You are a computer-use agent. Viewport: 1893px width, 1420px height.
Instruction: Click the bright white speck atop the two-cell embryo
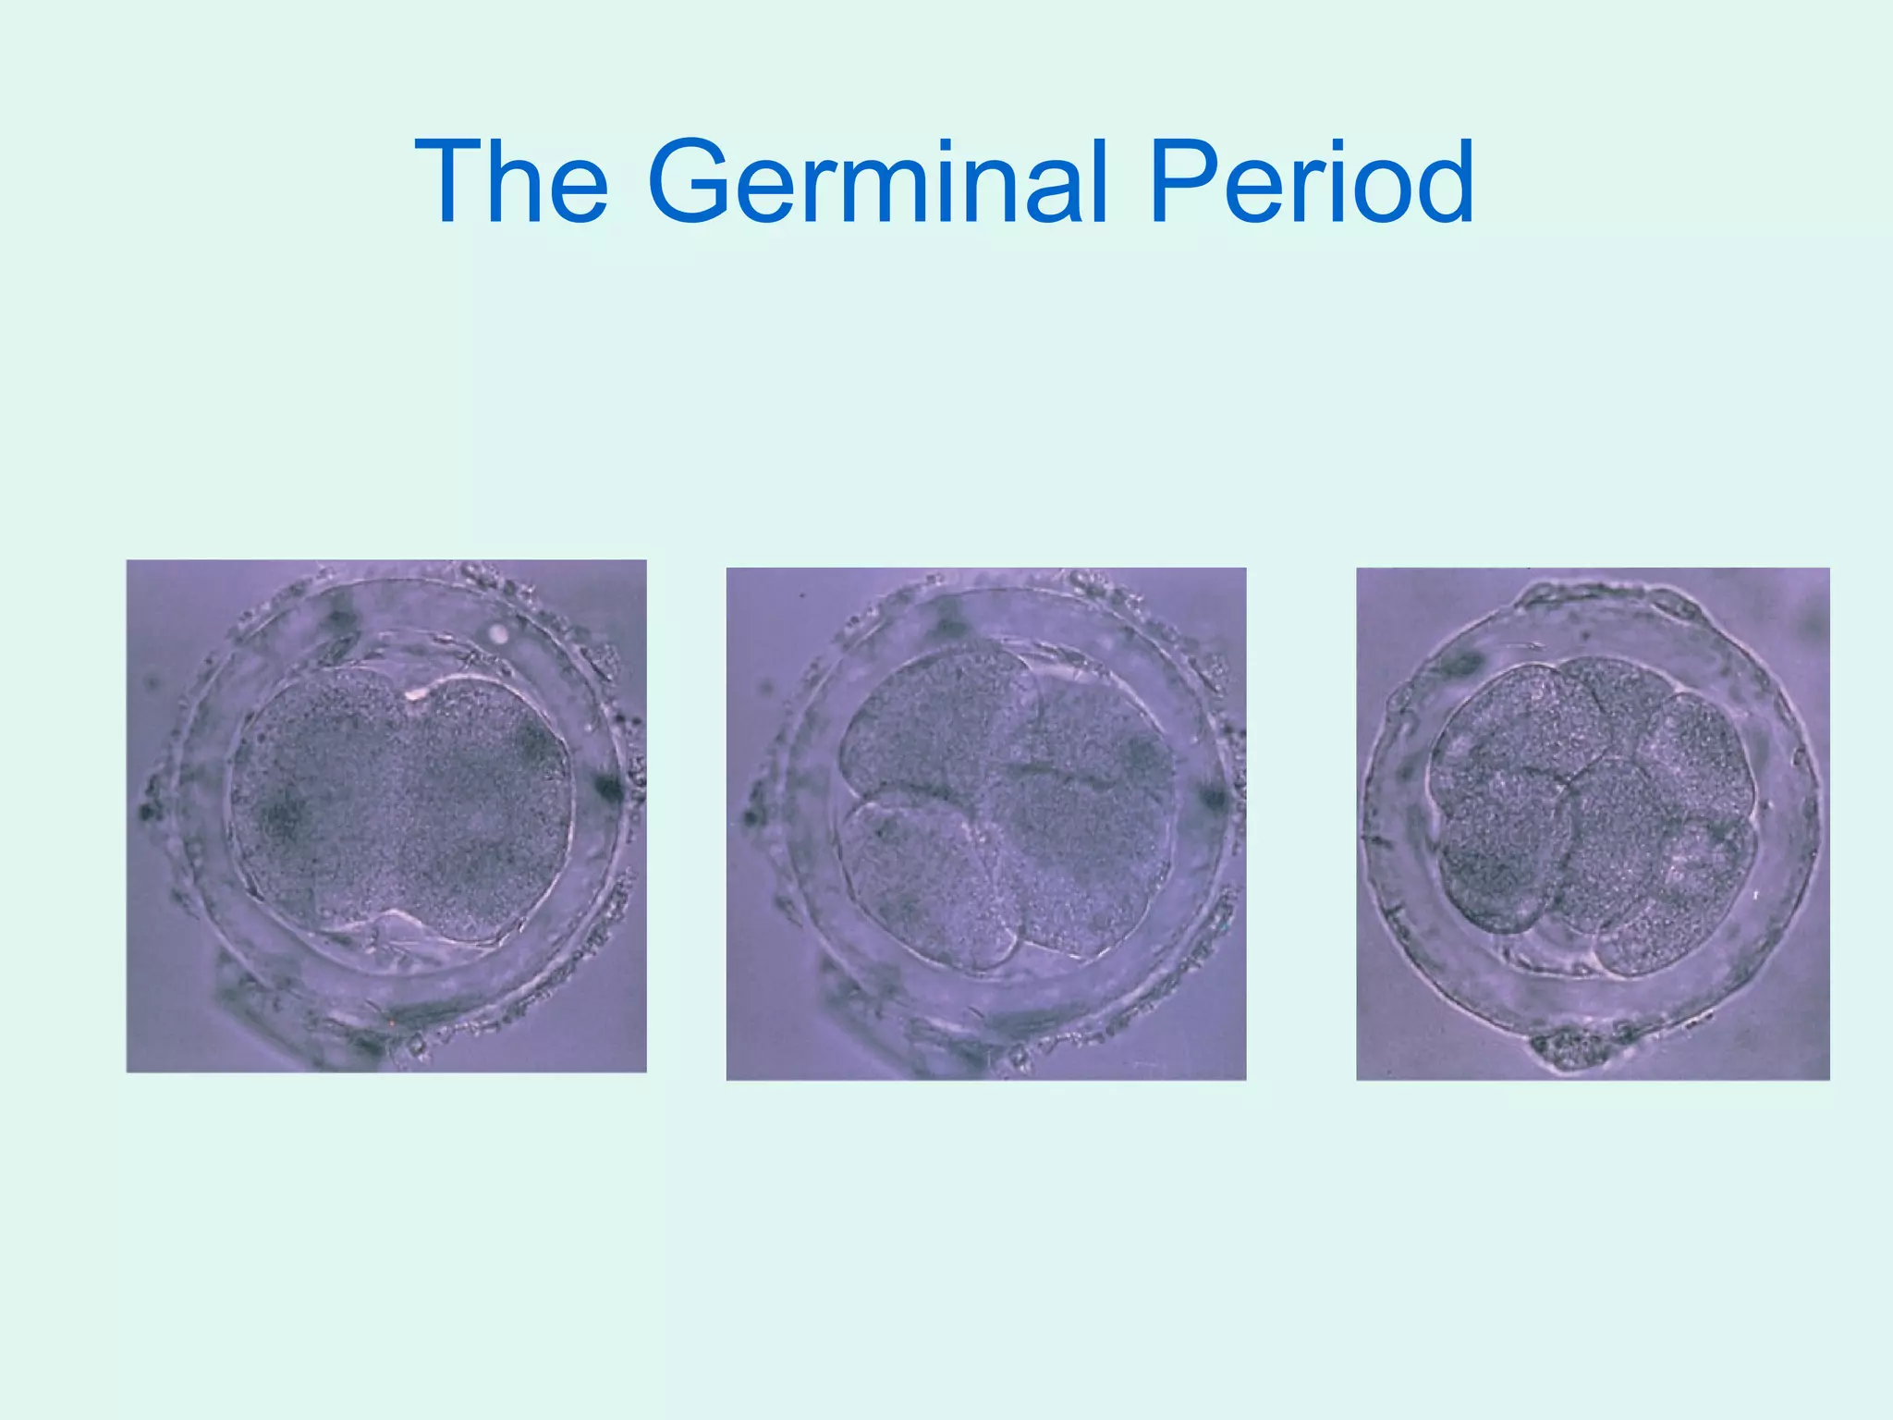[415, 691]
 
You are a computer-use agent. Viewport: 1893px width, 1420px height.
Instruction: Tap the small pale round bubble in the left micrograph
[499, 633]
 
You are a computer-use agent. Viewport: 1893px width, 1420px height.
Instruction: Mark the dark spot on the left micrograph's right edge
[609, 788]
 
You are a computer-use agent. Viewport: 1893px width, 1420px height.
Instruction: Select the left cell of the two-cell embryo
[314, 804]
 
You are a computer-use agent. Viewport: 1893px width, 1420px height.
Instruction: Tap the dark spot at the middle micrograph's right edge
[1212, 797]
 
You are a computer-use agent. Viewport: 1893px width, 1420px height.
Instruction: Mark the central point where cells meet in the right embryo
[1568, 784]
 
